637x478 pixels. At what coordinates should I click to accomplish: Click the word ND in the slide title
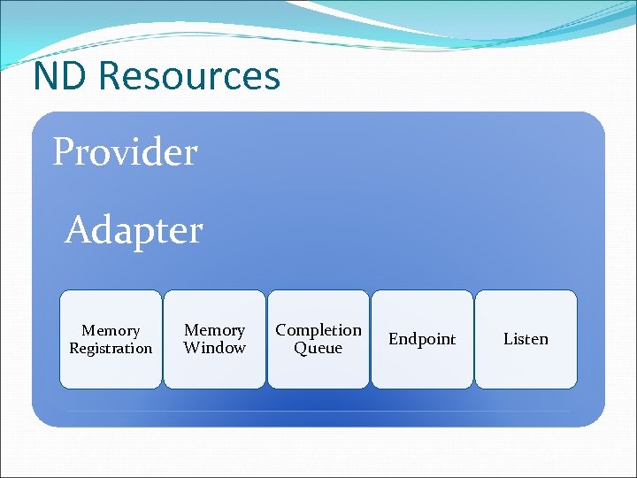(x=61, y=76)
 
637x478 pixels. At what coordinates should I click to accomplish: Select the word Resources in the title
(x=189, y=76)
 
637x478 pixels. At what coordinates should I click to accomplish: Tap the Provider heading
(x=125, y=152)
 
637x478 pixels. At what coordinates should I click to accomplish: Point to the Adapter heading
(x=134, y=230)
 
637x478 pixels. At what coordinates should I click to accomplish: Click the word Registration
(x=111, y=348)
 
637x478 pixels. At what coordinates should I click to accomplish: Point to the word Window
(x=214, y=348)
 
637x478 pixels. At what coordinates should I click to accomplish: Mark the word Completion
(x=318, y=330)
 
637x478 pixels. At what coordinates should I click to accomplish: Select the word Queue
(x=318, y=348)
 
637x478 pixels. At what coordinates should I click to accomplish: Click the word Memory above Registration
(x=111, y=330)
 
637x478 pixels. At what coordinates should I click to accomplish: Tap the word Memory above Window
(x=214, y=330)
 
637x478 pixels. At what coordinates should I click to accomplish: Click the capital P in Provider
(x=63, y=152)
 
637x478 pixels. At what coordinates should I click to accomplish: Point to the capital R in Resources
(x=109, y=76)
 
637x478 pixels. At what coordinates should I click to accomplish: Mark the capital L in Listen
(x=508, y=339)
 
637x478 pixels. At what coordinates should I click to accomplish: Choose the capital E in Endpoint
(x=394, y=339)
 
